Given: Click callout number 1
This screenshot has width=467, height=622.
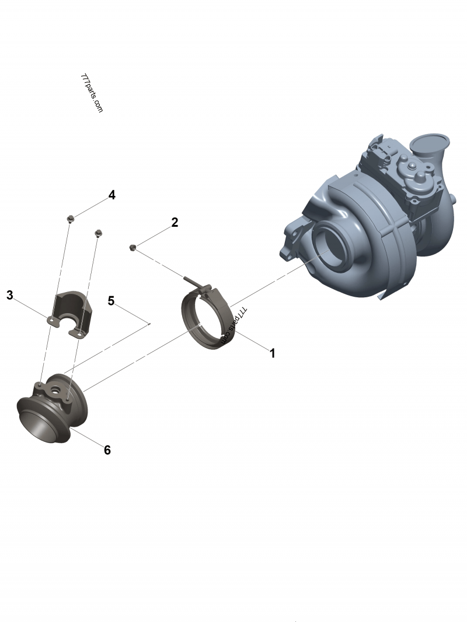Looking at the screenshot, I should point(271,353).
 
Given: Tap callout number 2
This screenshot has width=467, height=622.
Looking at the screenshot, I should point(175,223).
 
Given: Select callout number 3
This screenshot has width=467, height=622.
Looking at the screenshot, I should point(9,295).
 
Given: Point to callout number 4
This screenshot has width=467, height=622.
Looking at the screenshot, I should point(111,195).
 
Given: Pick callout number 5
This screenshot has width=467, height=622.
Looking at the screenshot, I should point(111,301).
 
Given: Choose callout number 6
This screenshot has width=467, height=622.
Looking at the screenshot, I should point(107,450).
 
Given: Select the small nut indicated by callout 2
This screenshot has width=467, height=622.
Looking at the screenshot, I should point(133,248).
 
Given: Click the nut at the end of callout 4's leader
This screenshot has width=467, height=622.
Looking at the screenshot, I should point(70,219).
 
